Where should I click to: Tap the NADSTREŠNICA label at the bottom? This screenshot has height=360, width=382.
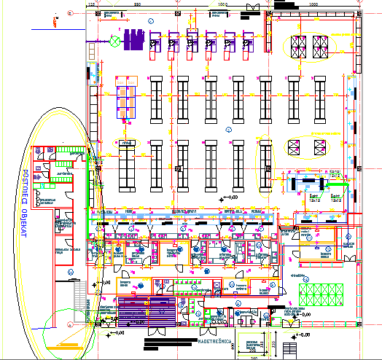coord(216,339)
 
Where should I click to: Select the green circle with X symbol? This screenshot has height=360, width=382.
coord(114,42)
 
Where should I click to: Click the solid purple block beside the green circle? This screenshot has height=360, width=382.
coord(133,39)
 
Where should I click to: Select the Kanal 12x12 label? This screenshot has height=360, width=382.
coord(335,173)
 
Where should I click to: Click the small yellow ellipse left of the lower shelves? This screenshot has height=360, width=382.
coord(127,144)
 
